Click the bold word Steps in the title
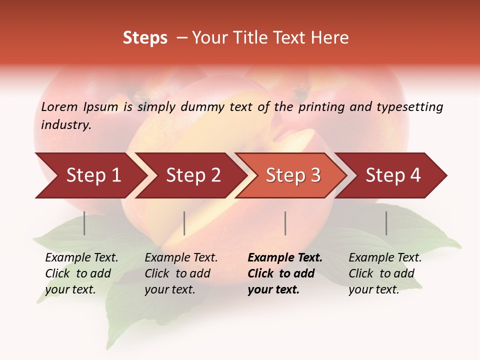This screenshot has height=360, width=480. (x=145, y=38)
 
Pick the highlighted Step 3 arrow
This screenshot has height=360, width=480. (x=293, y=175)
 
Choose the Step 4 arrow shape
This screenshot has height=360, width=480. (x=393, y=175)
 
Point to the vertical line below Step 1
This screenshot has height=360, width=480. (x=84, y=223)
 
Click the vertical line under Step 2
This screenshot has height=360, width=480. (x=184, y=223)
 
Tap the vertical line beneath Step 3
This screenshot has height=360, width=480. (x=285, y=223)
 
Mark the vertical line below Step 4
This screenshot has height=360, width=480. (x=386, y=223)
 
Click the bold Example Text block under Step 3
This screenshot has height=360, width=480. (x=285, y=273)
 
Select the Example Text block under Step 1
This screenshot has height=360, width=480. (x=81, y=273)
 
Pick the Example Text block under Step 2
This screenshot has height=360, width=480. (x=181, y=273)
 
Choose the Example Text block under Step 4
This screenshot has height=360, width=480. (x=385, y=273)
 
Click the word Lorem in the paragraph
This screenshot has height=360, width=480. (x=59, y=107)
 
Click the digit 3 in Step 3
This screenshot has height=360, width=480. (x=315, y=175)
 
